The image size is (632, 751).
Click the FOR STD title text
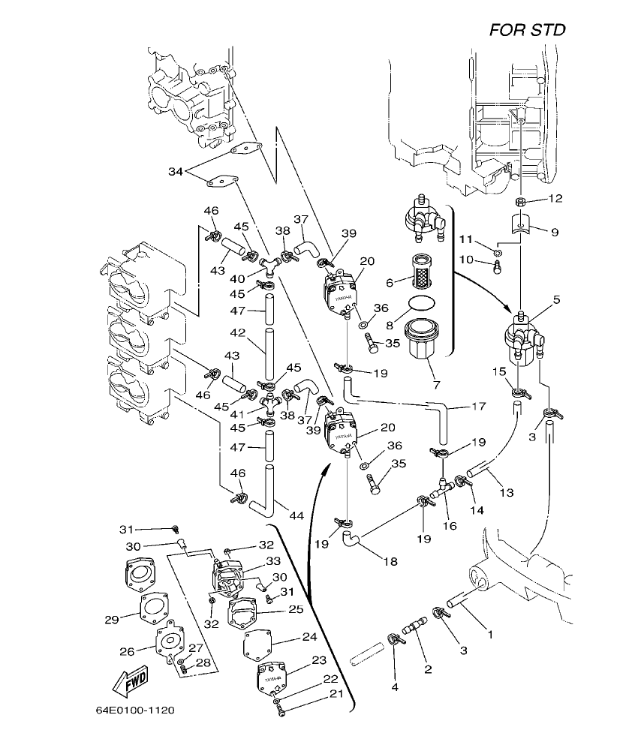tap(527, 30)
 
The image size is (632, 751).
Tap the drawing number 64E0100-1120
tap(135, 709)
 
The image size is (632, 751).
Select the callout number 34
tap(175, 172)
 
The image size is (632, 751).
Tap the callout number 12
tap(555, 199)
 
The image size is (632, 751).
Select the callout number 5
tap(555, 299)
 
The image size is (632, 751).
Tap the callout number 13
tap(507, 492)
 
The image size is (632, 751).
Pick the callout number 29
tap(111, 619)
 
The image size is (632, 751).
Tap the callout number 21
tap(337, 693)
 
